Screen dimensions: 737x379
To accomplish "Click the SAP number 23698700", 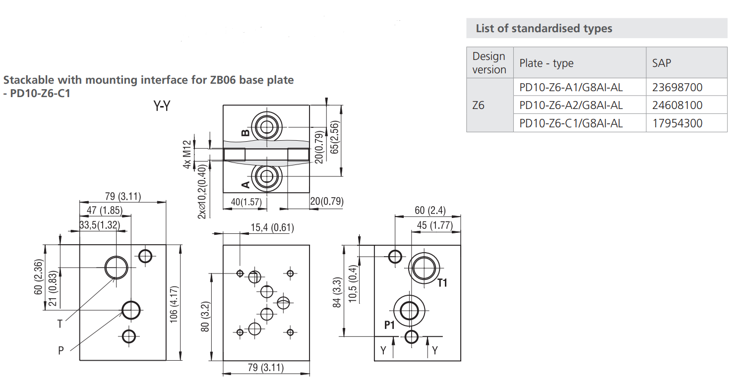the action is click(x=677, y=87).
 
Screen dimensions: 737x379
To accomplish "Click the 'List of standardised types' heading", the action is click(x=544, y=28).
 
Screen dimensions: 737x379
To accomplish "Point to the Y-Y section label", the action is click(x=162, y=106).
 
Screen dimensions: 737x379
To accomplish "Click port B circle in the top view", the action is click(x=266, y=127).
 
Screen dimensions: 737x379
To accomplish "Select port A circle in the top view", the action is click(x=266, y=176).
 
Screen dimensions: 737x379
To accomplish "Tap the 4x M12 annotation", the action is click(x=187, y=155).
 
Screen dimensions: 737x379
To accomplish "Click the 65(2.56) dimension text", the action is click(x=334, y=137).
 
